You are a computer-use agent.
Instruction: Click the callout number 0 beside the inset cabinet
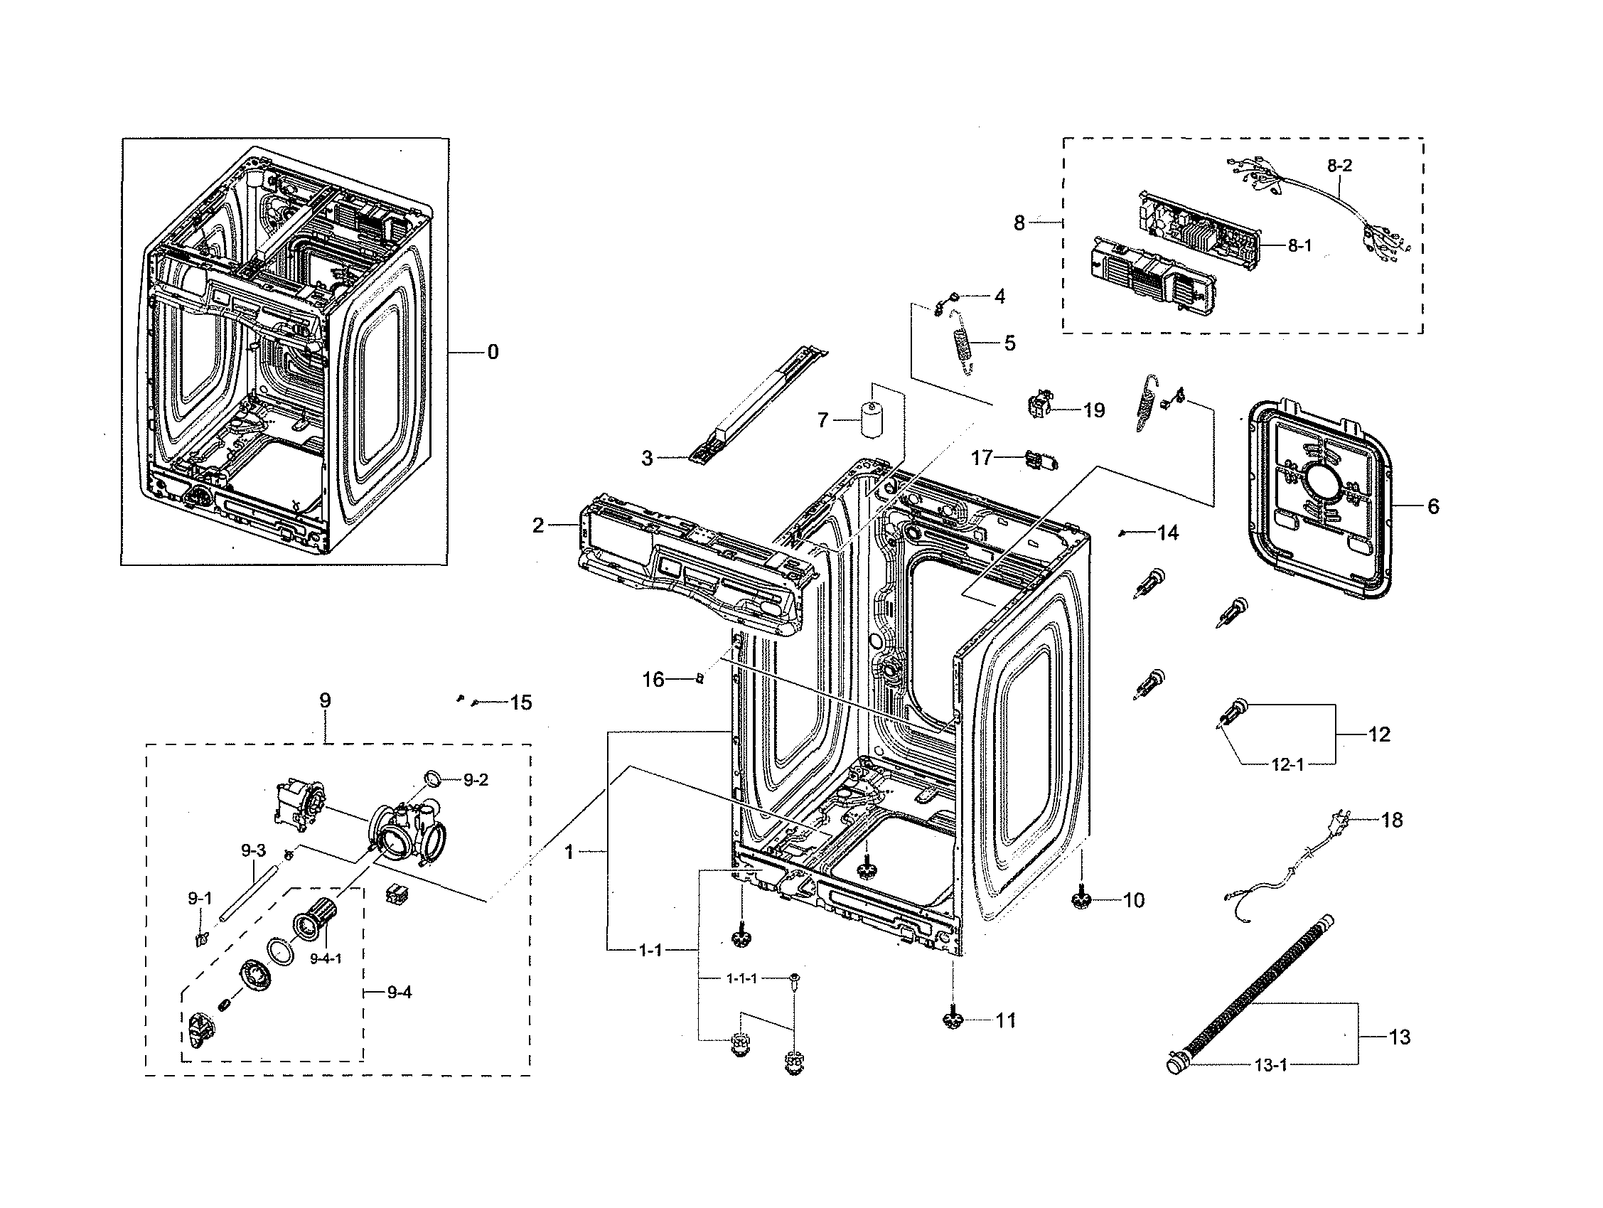coord(493,352)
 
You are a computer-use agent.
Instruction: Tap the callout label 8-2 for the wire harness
coord(1339,165)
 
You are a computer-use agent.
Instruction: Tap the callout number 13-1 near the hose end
coord(1270,1065)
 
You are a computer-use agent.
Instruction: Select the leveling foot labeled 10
coord(1081,901)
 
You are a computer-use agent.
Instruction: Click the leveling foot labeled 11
coord(953,1020)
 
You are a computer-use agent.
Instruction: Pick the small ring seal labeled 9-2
coord(431,779)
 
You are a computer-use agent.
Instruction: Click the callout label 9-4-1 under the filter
coord(326,958)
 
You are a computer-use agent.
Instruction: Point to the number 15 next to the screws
coord(520,702)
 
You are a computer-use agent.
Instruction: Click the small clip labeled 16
coord(700,679)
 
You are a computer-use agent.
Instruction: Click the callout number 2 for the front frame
coord(537,525)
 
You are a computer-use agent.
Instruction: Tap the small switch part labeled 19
coord(1041,403)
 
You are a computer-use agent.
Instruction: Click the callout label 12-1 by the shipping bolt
coord(1287,764)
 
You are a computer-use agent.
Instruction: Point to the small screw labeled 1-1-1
coord(795,979)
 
